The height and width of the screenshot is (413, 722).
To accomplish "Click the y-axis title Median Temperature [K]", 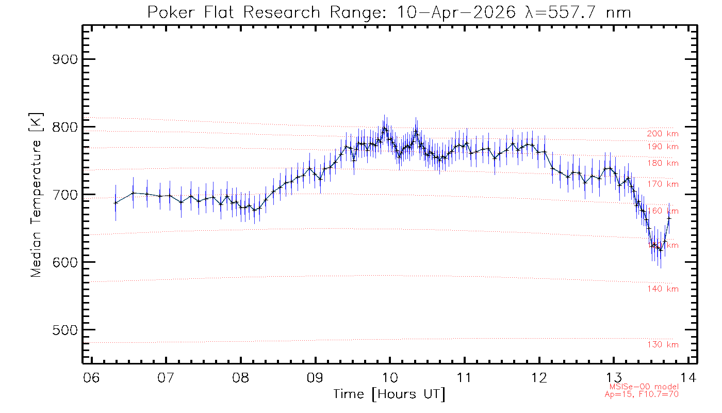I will coord(36,195).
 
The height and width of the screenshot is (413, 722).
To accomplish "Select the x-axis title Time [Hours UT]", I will coord(389,394).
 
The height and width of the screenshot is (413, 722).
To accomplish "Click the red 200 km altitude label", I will coord(663,134).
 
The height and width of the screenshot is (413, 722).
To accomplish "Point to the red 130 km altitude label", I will coord(663,345).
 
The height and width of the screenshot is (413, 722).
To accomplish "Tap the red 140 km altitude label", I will coord(663,289).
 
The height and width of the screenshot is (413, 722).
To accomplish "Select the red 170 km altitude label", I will coord(663,184).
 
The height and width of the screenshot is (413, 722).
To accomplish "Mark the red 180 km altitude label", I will coord(663,163).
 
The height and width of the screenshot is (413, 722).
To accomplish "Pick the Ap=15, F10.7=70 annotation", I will coord(642,394).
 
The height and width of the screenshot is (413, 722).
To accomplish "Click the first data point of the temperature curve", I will coord(116,202).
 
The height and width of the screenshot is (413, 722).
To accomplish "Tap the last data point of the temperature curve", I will coord(669,218).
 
